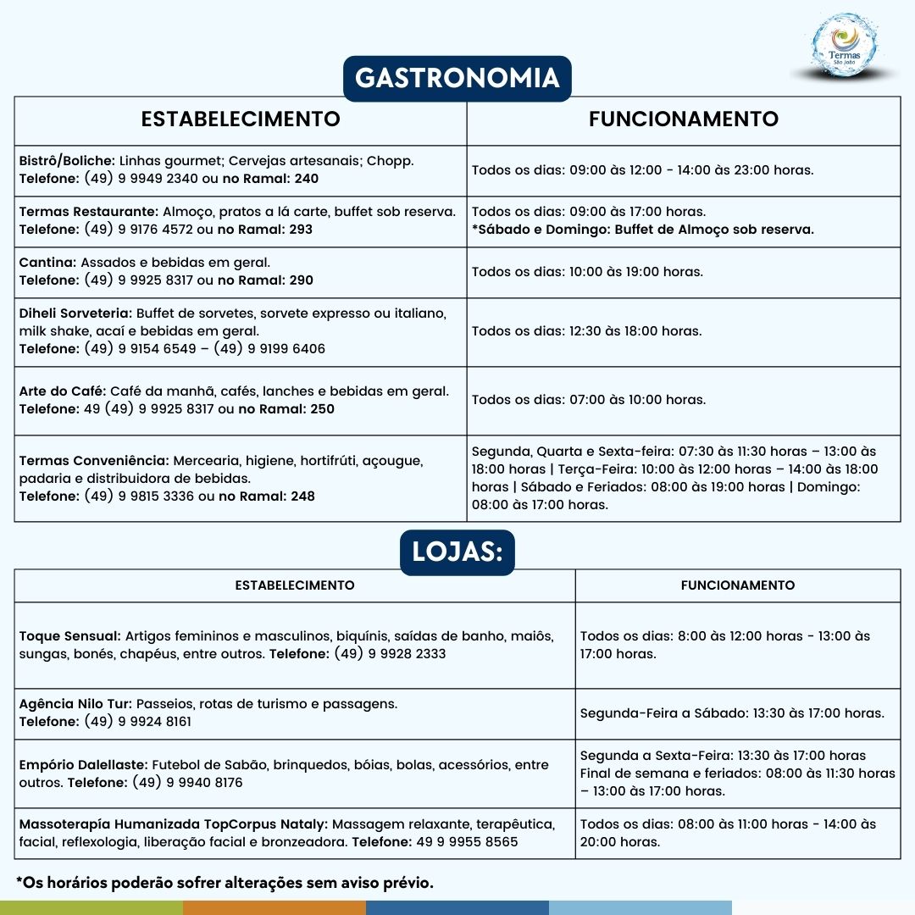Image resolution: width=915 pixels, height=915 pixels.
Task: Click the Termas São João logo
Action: (844, 47)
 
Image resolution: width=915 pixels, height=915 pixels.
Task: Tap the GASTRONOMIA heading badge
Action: (457, 78)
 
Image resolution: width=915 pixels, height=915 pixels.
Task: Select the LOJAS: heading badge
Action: (457, 552)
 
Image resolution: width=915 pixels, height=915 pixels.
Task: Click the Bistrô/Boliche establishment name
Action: (67, 160)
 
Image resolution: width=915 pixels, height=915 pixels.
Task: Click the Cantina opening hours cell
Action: (587, 272)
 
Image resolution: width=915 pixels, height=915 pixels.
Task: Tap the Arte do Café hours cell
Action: (589, 400)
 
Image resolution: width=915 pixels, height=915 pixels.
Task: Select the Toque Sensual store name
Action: (69, 635)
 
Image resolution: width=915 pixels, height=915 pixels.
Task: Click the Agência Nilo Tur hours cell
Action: (732, 713)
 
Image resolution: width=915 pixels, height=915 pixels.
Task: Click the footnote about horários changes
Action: (225, 883)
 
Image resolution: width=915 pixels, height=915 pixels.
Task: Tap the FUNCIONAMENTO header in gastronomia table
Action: (683, 119)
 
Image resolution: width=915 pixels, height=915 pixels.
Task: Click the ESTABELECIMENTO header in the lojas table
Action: (295, 585)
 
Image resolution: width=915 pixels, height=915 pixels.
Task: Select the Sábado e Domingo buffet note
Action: (643, 230)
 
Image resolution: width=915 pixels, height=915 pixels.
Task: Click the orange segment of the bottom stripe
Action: (274, 907)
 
